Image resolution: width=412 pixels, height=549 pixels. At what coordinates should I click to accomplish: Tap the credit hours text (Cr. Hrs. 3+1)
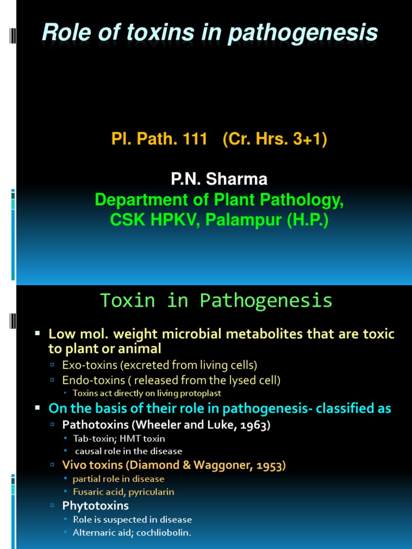point(271,139)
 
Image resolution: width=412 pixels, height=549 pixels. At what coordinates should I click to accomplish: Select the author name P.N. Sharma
point(219,179)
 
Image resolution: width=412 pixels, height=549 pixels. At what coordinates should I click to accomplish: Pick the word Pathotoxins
point(91,425)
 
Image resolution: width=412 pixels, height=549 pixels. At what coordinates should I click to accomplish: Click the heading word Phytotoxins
point(95,506)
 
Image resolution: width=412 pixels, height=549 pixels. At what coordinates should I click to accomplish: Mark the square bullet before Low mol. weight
point(38,333)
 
